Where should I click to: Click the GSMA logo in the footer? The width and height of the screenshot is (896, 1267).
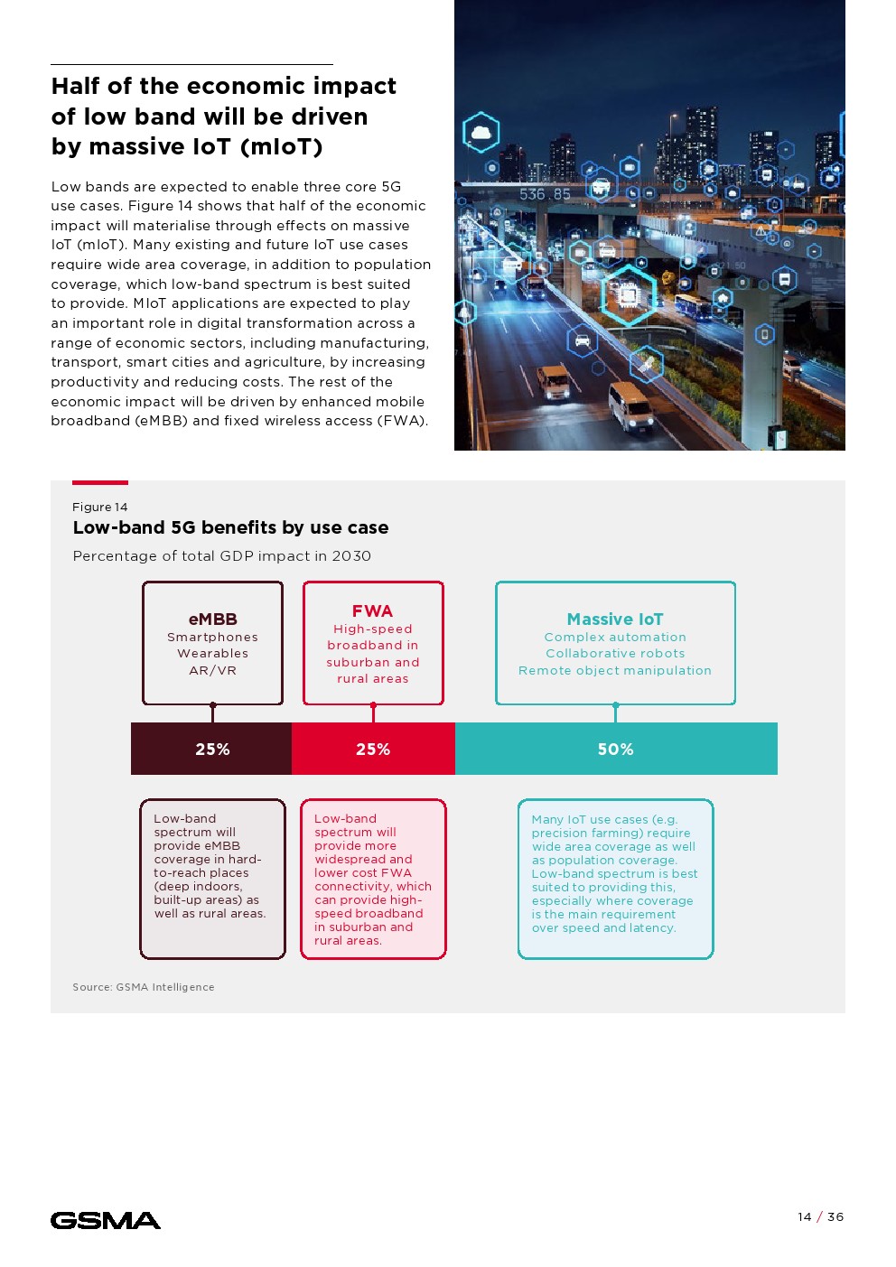tap(106, 1221)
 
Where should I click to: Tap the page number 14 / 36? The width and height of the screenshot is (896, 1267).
tap(820, 1216)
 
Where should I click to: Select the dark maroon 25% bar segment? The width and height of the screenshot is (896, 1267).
tap(211, 749)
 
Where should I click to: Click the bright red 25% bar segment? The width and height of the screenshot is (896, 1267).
tap(373, 749)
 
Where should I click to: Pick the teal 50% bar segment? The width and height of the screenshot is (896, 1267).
tap(615, 749)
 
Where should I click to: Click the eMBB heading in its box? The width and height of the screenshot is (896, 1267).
tap(212, 619)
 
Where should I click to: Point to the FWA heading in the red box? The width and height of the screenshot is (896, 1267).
tap(372, 610)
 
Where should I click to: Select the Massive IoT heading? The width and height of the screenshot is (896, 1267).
tap(614, 619)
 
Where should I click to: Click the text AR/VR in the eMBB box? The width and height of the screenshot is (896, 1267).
tap(212, 670)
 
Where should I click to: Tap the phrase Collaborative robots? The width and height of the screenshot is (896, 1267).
tap(614, 653)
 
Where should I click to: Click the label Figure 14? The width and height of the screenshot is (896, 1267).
tap(100, 507)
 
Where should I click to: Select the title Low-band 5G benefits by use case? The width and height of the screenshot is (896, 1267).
tap(230, 527)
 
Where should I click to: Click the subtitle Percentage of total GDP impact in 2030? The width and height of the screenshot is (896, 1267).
tap(221, 555)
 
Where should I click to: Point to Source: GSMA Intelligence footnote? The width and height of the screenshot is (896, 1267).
tap(144, 987)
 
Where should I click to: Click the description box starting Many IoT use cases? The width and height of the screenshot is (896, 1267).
tap(615, 878)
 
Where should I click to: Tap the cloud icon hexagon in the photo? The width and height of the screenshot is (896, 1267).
tap(481, 133)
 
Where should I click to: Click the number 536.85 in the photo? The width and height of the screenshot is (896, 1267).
tap(545, 194)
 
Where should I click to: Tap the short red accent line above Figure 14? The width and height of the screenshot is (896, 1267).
tap(100, 482)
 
